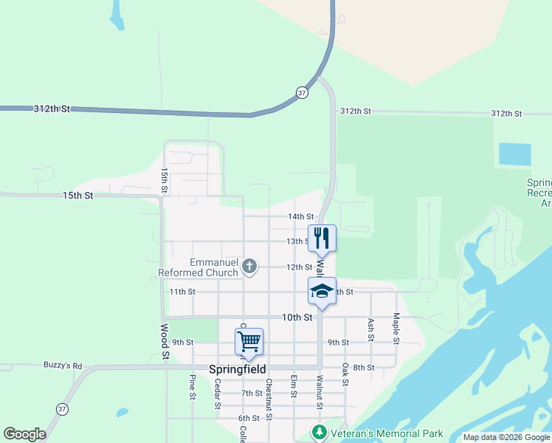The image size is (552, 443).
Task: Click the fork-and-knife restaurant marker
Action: (x=322, y=238)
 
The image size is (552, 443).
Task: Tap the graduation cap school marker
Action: (x=322, y=290)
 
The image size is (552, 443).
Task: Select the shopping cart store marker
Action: (x=249, y=341)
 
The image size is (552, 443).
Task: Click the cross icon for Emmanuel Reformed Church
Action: (x=250, y=266)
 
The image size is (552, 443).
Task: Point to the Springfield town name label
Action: (x=238, y=369)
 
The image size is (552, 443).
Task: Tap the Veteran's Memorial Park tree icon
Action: (x=320, y=433)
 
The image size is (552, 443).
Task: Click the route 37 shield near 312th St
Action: (x=302, y=92)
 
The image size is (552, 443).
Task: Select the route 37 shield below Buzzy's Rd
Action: (x=62, y=409)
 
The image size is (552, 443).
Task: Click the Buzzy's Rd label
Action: (x=63, y=365)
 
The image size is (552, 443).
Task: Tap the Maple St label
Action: (x=396, y=329)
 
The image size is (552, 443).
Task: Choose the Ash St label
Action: (x=371, y=330)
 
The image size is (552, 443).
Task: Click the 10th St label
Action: (x=297, y=317)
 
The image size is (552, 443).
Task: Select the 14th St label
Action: (x=300, y=216)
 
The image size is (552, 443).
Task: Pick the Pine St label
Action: (x=192, y=387)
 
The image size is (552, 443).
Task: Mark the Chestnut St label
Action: (x=269, y=399)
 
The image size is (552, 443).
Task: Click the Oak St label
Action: (x=345, y=374)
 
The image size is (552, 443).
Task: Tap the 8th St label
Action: (x=364, y=367)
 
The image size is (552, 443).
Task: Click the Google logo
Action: (x=24, y=434)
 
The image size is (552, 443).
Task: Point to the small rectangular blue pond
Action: (x=514, y=154)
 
